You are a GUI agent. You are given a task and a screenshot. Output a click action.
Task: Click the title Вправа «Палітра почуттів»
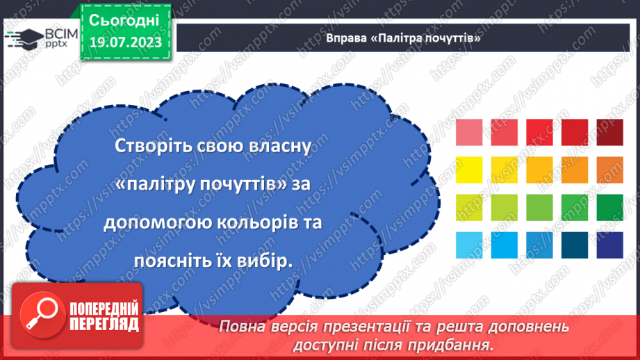(x=404, y=39)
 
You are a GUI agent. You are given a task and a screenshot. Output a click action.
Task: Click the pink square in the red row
(x=469, y=132)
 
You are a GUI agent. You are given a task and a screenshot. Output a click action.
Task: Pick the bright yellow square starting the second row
(x=469, y=170)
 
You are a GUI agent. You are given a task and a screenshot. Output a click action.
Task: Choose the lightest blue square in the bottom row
(x=469, y=245)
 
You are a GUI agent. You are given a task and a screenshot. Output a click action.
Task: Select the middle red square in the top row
(x=539, y=132)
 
